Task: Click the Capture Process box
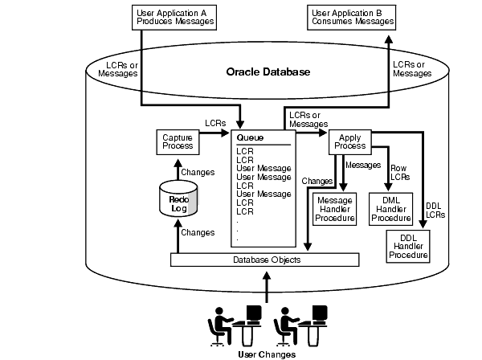click(177, 141)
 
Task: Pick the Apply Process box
click(350, 141)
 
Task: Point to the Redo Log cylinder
click(179, 198)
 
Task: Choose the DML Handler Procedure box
click(391, 207)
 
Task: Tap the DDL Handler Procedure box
click(408, 245)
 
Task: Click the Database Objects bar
click(263, 260)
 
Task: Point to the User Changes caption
click(267, 354)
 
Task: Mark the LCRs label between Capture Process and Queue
click(215, 123)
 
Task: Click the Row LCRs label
click(399, 173)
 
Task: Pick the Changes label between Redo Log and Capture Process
click(198, 172)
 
